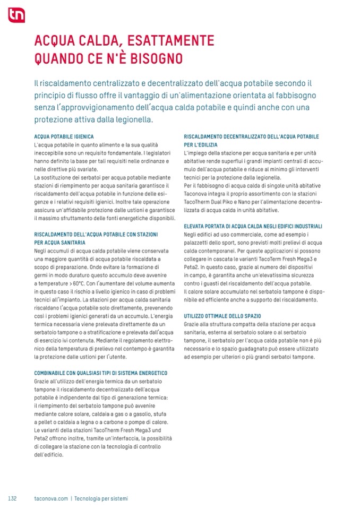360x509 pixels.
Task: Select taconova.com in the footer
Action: pos(50,498)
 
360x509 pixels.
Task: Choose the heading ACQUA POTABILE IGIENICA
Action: pos(64,136)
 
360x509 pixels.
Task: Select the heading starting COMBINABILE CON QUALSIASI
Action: pos(101,373)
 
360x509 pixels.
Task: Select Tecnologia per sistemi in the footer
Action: pos(101,498)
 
